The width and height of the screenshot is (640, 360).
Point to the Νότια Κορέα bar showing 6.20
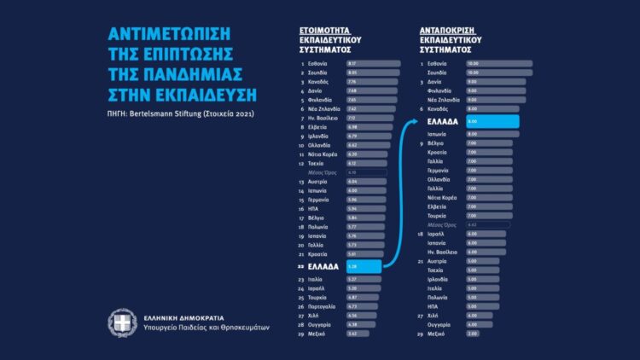(x=367, y=154)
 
